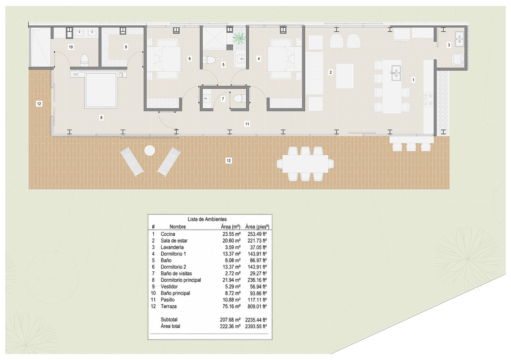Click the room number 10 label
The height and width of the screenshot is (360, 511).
coord(71,47)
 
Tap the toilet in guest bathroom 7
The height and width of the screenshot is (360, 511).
coord(239,99)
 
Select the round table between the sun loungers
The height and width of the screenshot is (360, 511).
coord(150,151)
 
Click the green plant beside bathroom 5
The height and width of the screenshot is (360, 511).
coord(239,38)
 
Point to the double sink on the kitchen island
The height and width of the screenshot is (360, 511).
coord(396,73)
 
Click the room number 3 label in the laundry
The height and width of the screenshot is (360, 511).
coord(449,45)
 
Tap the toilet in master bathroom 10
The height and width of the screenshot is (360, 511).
coord(84,60)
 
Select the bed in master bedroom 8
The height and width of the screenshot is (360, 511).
coord(101,90)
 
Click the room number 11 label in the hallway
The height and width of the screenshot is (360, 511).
coord(247,124)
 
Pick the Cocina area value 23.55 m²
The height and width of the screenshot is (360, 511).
coord(232,234)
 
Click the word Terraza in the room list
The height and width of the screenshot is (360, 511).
coord(169,307)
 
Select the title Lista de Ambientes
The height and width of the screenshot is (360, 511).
coord(207,219)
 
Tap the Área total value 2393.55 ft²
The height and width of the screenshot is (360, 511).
coord(256,327)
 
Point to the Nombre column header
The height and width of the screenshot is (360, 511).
coord(177,227)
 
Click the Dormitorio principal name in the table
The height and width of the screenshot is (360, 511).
coord(181,280)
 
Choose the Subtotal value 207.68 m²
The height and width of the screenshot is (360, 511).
coord(230,320)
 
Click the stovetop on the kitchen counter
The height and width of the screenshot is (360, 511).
coord(429,99)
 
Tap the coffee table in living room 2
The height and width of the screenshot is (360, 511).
coord(345,76)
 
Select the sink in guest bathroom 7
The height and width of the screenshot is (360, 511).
coord(207,99)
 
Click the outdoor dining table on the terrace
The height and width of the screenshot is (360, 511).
coord(305,164)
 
